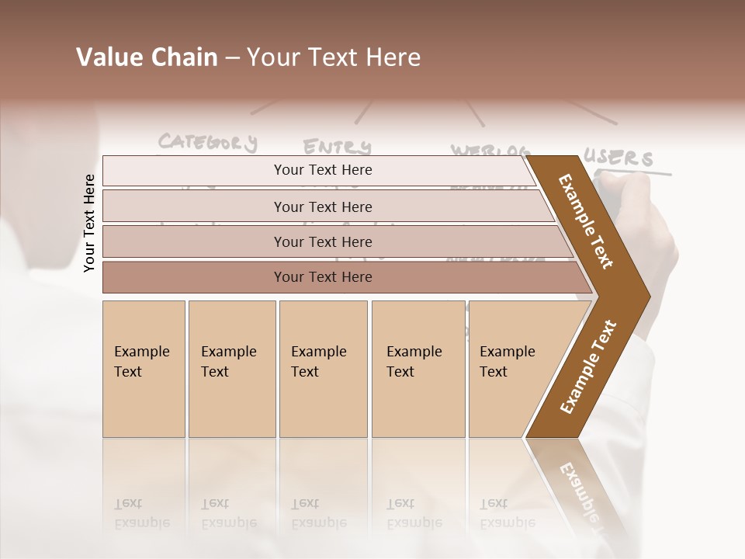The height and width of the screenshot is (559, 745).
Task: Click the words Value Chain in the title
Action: coord(147,57)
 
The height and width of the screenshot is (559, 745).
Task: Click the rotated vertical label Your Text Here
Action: coord(89,223)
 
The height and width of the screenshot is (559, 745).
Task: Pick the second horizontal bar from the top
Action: coord(323,207)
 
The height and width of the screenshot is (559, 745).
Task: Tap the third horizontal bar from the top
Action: coord(323,242)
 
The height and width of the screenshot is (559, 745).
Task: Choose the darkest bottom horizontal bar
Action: coord(323,277)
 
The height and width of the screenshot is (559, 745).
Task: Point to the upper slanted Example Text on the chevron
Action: coord(587,221)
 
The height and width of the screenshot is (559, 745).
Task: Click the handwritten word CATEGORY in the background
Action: coord(207,142)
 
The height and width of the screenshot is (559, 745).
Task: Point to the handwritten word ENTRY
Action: coord(337,147)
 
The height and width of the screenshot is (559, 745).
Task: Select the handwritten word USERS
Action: coord(619,158)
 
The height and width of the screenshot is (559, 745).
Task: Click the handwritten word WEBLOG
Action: coord(490,150)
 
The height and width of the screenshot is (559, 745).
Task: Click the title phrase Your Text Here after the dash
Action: coord(334,57)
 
